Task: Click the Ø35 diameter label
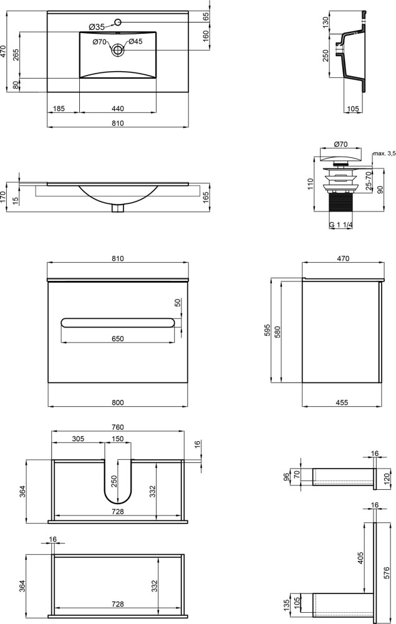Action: pos(97,27)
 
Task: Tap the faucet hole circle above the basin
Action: pos(118,21)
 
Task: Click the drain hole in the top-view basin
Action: pos(118,50)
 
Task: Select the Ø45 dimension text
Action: pos(135,41)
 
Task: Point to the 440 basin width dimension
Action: pos(118,108)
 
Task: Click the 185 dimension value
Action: pos(59,108)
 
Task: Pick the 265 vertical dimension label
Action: pos(16,54)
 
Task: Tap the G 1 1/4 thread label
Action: pos(341,225)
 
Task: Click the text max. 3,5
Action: pos(384,154)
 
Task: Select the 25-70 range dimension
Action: pos(369,181)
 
